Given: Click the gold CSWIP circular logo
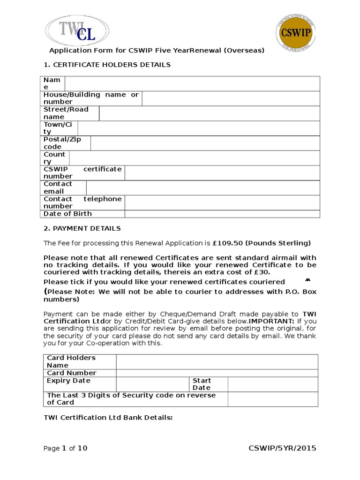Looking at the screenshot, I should [296, 33].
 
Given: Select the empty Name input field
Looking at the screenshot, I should [192, 83].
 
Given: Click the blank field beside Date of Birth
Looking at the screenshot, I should [222, 214].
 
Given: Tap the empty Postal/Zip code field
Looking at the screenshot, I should [205, 143].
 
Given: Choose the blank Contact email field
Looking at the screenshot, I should [202, 187].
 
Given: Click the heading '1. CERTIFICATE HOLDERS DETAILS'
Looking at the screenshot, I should [107, 65].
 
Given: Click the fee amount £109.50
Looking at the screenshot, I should [228, 243].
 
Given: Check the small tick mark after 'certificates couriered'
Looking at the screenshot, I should [308, 280].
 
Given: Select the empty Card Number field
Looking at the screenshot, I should [217, 373].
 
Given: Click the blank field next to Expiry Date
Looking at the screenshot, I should [152, 384].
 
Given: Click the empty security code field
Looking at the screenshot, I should [272, 399].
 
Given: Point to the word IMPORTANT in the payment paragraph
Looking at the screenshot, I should [271, 321].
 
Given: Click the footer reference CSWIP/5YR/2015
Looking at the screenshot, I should [282, 449].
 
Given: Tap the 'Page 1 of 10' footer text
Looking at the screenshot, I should [65, 449].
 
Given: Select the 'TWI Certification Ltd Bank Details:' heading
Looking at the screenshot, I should [108, 417].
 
